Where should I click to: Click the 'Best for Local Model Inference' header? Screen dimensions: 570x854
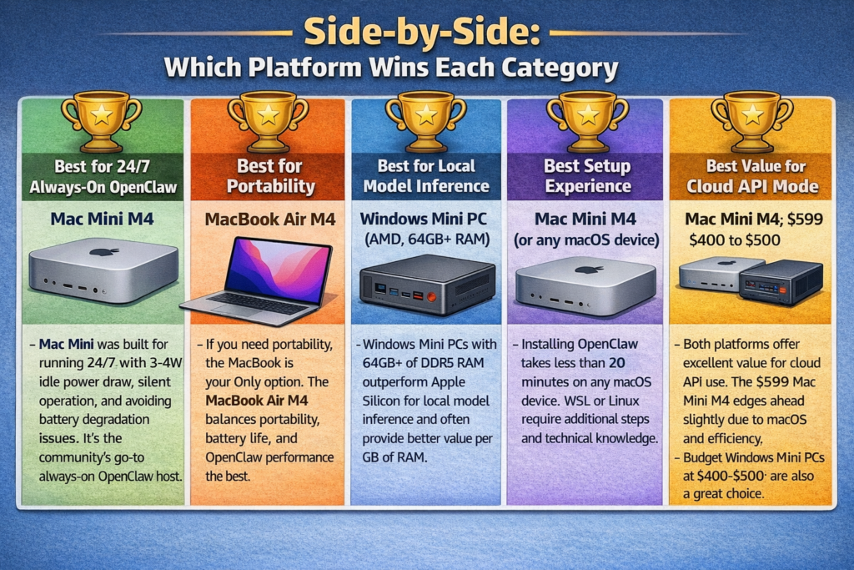(x=426, y=176)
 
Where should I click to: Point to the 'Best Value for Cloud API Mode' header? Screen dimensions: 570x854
(x=752, y=176)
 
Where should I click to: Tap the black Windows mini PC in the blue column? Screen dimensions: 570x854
(x=426, y=283)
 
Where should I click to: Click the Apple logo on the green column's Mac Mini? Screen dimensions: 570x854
(x=103, y=251)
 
